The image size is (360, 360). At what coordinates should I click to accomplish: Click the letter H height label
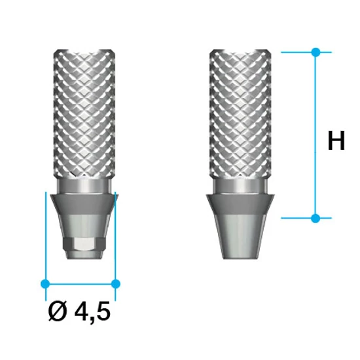click(335, 141)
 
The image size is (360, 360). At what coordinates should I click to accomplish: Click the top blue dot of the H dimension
click(315, 51)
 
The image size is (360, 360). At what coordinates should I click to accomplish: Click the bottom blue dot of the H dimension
click(315, 217)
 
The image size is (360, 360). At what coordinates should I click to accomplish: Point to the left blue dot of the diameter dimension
click(45, 283)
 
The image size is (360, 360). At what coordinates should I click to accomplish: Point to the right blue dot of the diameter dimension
click(116, 283)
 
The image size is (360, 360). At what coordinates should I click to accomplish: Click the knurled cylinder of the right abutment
click(239, 118)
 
